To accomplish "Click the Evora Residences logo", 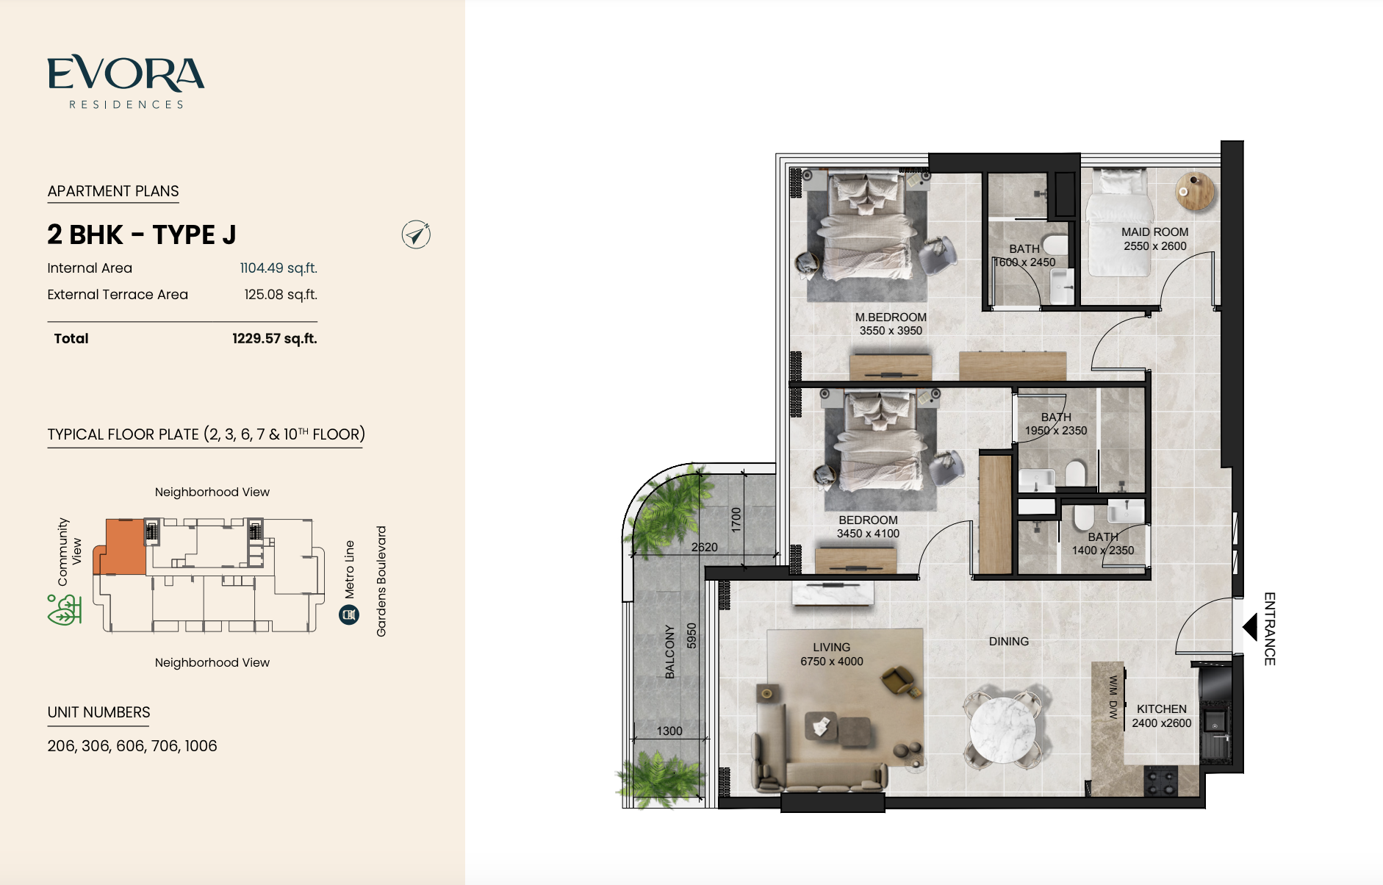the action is (126, 82).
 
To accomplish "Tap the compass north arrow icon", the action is (416, 234).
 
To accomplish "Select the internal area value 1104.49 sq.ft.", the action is (279, 268).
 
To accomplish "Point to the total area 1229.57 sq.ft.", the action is (275, 339).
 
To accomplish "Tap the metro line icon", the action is (349, 615).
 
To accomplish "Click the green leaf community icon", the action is (64, 610).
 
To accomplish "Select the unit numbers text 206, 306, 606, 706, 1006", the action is (132, 746).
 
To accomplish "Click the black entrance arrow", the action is (1250, 628).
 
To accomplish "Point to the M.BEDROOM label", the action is (891, 318).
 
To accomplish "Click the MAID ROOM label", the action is (1154, 232).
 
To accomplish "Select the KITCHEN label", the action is (1162, 709).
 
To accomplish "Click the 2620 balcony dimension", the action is (704, 547).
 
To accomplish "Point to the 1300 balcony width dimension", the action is (669, 731).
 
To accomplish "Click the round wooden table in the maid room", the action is (1195, 191).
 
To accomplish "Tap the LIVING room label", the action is (832, 648).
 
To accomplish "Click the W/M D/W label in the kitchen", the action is (1113, 697).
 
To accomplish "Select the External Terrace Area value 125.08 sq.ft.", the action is (281, 295).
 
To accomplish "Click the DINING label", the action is (1009, 642).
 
